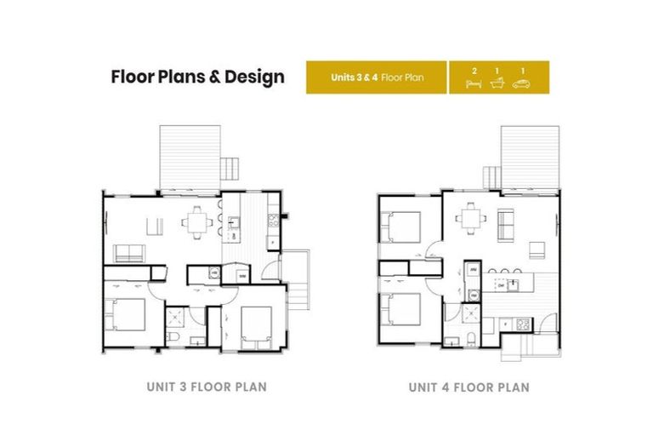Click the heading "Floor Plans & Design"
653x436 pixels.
(x=197, y=77)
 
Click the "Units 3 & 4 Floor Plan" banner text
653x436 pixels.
(x=377, y=77)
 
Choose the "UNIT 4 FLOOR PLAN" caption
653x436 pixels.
(x=468, y=387)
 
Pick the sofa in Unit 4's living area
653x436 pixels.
(x=505, y=223)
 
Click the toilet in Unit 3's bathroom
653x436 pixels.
(x=173, y=338)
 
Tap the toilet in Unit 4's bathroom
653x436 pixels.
(x=472, y=340)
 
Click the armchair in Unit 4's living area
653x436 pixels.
(x=537, y=249)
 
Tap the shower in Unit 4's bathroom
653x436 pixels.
(x=471, y=316)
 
